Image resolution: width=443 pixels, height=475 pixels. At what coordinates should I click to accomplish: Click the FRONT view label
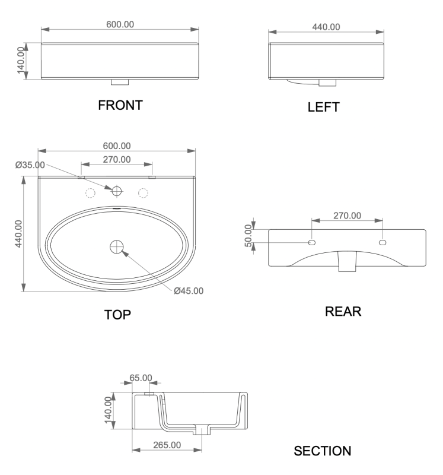[x=120, y=105]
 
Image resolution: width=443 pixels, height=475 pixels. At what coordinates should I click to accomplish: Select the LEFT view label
[x=323, y=107]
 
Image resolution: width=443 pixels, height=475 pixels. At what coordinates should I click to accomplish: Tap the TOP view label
[x=117, y=315]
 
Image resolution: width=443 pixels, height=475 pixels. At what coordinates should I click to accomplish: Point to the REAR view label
[x=343, y=311]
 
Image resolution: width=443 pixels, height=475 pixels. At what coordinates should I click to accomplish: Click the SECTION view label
[x=322, y=451]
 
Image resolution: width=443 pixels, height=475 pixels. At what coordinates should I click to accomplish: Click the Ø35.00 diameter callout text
[x=30, y=165]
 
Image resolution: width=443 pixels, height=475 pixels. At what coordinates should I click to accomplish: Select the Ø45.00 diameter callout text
[x=189, y=291]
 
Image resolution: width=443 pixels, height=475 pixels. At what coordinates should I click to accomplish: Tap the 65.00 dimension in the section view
[x=141, y=378]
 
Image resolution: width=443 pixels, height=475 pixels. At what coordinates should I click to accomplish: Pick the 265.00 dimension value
[x=167, y=445]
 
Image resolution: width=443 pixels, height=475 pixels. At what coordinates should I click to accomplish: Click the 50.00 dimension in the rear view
[x=248, y=236]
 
